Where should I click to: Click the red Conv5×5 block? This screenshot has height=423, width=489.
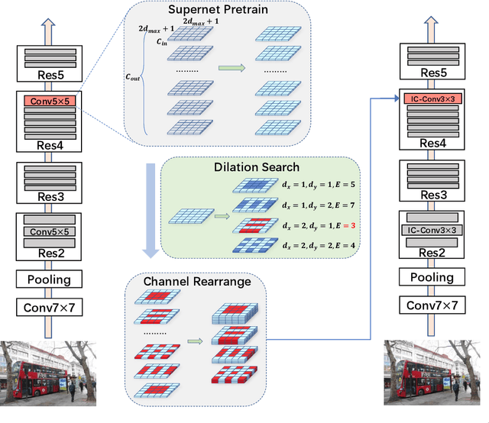tap(50, 100)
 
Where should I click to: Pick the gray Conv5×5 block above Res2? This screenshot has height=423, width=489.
tap(50, 231)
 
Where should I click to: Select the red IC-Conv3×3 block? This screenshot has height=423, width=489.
tap(434, 98)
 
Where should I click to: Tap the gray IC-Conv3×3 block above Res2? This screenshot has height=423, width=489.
tap(434, 229)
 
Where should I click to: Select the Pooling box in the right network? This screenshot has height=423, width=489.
tap(433, 277)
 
